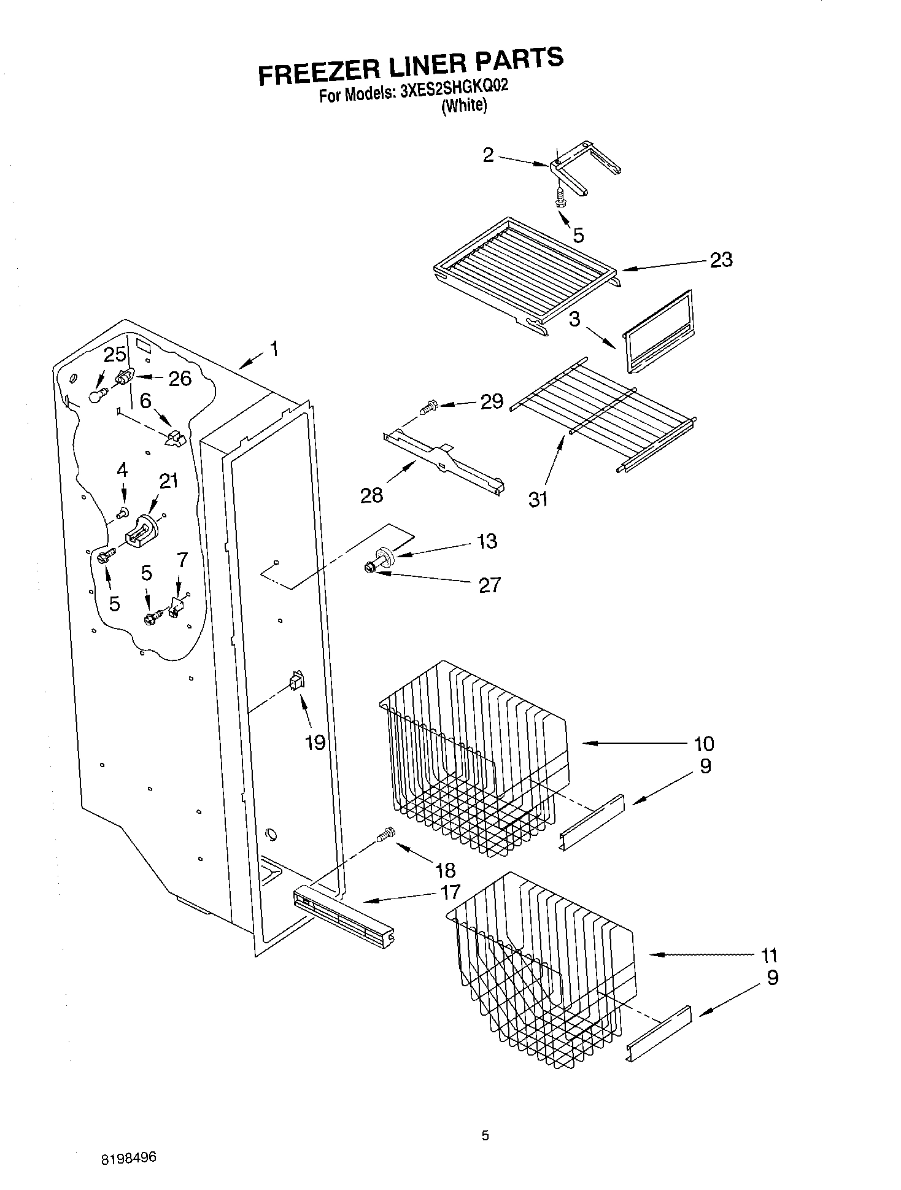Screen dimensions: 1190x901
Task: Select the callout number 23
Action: point(721,260)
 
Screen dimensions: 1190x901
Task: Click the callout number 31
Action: point(538,500)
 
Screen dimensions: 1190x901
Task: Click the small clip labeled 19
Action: point(296,681)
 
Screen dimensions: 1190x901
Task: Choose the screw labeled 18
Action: point(386,835)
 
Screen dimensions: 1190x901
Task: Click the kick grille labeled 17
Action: point(344,915)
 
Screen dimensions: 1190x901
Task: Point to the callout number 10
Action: point(704,743)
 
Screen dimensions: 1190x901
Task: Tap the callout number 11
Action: point(769,955)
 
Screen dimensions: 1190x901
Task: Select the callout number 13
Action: point(487,541)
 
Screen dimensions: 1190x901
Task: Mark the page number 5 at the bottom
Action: point(485,1136)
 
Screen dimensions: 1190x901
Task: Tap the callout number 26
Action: point(179,378)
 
